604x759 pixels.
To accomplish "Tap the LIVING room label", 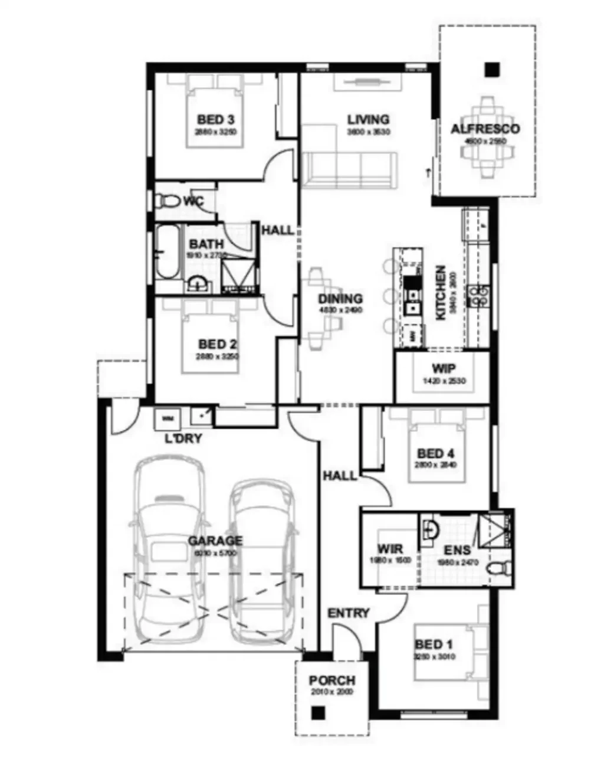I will pyautogui.click(x=368, y=120).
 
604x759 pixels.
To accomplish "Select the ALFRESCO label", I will pyautogui.click(x=485, y=129).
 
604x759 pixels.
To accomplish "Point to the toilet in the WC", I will pyautogui.click(x=168, y=201).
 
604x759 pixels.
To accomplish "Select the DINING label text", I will pyautogui.click(x=340, y=299).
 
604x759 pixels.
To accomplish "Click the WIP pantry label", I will pyautogui.click(x=444, y=369).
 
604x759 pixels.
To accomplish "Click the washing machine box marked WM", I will pyautogui.click(x=168, y=418).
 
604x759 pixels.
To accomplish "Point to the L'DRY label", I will pyautogui.click(x=183, y=439).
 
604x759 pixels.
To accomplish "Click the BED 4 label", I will pyautogui.click(x=435, y=453).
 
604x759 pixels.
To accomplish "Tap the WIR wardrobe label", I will pyautogui.click(x=390, y=549).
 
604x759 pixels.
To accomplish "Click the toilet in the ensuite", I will pyautogui.click(x=498, y=568).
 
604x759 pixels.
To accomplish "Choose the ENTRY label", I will pyautogui.click(x=349, y=613).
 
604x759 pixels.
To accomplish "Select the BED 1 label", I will pyautogui.click(x=434, y=644).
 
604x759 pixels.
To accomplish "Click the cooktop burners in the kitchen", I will pyautogui.click(x=477, y=295).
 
